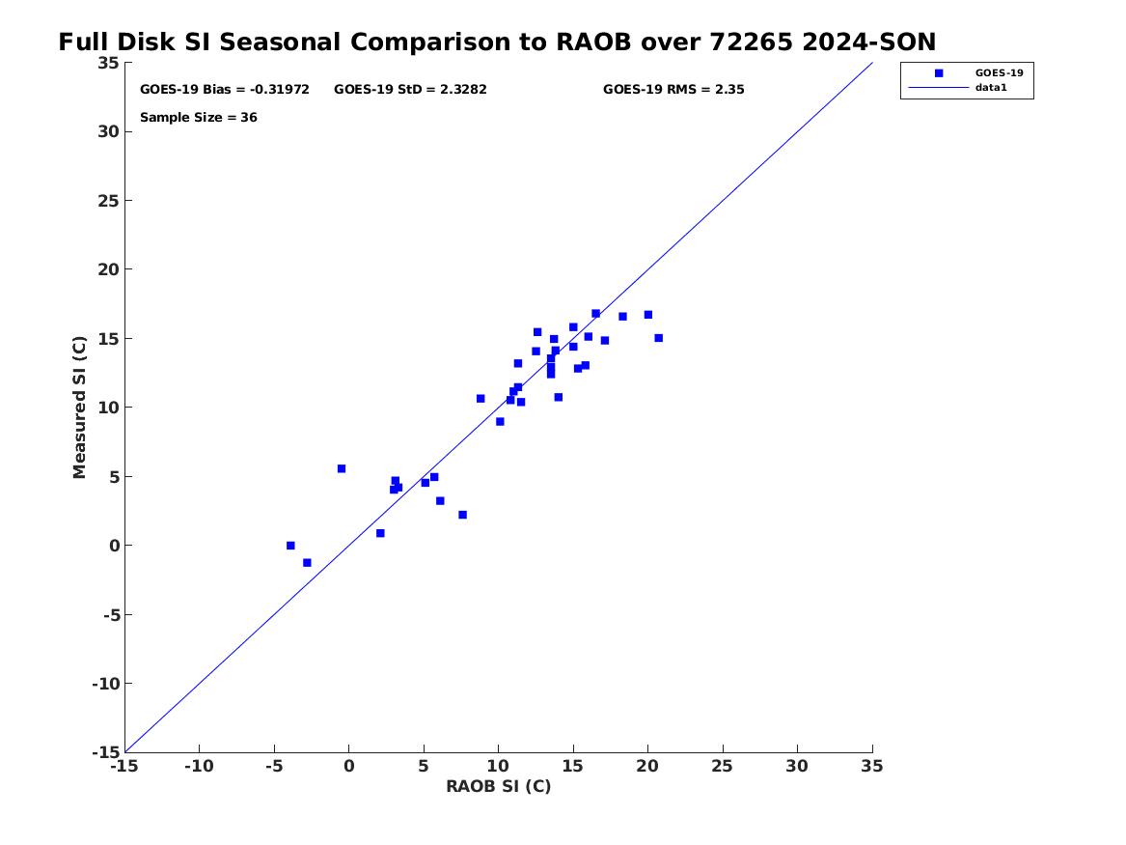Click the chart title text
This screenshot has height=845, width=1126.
point(497,42)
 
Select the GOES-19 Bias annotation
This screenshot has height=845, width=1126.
point(225,90)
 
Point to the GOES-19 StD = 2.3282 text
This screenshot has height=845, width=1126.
point(410,90)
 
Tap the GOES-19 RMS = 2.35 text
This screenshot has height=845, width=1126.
point(673,90)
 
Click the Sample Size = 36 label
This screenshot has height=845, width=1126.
point(198,118)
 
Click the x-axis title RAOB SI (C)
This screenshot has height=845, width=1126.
point(499,787)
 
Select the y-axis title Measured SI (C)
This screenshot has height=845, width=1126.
point(79,408)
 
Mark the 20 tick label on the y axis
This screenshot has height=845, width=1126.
point(108,269)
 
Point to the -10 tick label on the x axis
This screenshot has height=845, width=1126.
point(199,767)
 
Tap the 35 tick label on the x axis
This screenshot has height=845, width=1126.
point(872,767)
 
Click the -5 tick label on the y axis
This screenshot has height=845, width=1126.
point(111,615)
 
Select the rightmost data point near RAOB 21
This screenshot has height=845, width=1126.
point(658,338)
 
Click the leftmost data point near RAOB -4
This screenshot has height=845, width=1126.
point(290,546)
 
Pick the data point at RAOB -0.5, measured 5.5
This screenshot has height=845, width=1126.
point(342,469)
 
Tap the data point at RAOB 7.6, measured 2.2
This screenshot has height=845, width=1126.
point(462,515)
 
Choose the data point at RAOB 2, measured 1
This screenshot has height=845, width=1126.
point(380,534)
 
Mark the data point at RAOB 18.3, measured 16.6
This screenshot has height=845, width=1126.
point(622,317)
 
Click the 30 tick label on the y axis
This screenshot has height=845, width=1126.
point(108,131)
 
